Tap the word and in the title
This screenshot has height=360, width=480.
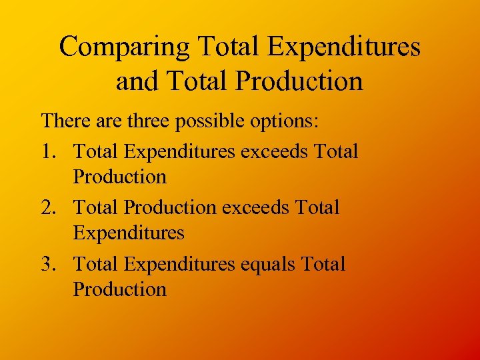(x=136, y=81)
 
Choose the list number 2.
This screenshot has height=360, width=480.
(x=47, y=207)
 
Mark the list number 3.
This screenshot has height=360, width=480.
(x=47, y=263)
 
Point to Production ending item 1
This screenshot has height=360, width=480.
(x=120, y=177)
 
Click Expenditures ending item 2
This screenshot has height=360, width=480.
(x=129, y=233)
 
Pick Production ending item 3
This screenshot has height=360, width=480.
(x=120, y=289)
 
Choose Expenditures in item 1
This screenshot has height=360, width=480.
(x=180, y=151)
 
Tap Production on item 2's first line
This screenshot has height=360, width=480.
(x=170, y=207)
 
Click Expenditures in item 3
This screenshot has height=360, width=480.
(x=180, y=263)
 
